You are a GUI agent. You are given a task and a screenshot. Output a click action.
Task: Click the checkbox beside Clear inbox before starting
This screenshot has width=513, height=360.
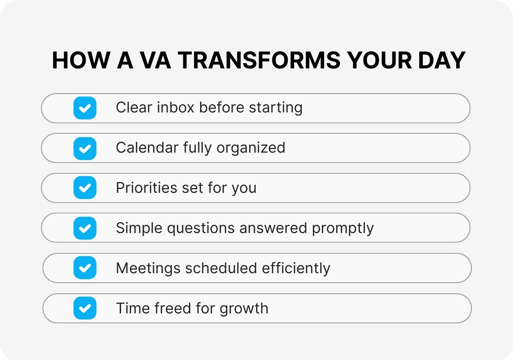point(85,108)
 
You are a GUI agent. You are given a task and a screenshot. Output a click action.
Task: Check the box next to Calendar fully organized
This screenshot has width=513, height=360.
point(85,148)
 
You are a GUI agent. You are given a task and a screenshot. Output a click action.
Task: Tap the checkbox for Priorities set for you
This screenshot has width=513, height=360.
point(85,188)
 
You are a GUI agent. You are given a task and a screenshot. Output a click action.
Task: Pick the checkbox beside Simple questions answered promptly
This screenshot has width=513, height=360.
point(85,228)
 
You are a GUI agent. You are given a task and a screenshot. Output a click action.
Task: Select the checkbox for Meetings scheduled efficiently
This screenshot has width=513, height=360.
point(85,268)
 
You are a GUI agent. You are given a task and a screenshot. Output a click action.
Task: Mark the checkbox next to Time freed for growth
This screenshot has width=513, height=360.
point(85,308)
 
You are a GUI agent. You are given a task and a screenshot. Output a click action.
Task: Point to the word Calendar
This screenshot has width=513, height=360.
point(147,148)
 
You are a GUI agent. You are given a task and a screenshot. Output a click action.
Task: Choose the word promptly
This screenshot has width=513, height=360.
point(343,228)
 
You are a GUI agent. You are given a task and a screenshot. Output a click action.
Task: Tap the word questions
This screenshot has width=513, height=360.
point(201,228)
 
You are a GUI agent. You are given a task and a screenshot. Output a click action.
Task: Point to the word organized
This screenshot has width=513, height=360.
point(251,148)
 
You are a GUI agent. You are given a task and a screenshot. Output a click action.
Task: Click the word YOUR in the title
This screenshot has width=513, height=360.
point(374,60)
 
